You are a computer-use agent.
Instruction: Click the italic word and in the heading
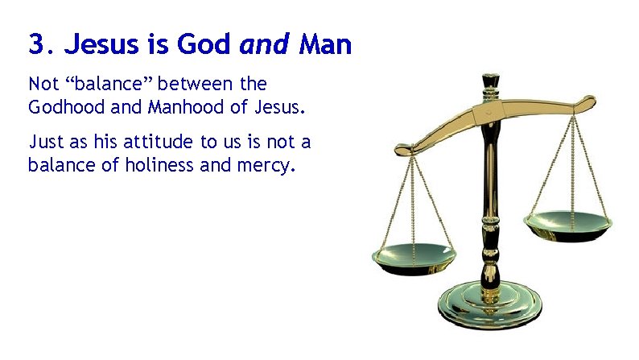266,45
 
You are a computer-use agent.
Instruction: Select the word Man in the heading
325,45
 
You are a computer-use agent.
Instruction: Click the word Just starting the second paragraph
43,143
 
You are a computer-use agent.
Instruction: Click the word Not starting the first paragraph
43,84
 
